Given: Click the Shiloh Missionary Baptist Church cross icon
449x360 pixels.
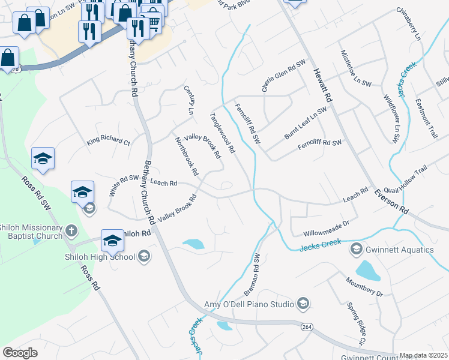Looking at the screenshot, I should pyautogui.click(x=71, y=230).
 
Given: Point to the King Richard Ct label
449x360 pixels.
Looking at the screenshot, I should pyautogui.click(x=108, y=142).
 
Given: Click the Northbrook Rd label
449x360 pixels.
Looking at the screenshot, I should pyautogui.click(x=186, y=156).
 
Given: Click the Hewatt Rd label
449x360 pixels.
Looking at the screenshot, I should pyautogui.click(x=322, y=85).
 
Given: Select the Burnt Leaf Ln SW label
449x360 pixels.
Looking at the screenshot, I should pyautogui.click(x=306, y=123).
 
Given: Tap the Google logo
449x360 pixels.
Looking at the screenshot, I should pyautogui.click(x=20, y=353).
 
